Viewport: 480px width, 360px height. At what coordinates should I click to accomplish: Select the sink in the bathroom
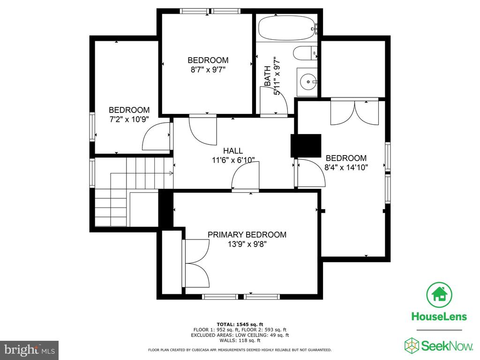tap(307, 82)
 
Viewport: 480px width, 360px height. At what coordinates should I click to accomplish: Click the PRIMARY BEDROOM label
tap(247, 235)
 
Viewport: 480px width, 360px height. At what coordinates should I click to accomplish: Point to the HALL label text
tap(233, 150)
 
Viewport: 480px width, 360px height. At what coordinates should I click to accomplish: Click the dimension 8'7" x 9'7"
tap(208, 69)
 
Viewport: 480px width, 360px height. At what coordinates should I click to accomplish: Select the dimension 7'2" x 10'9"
tap(129, 119)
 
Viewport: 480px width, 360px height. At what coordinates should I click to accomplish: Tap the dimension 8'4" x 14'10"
tap(346, 167)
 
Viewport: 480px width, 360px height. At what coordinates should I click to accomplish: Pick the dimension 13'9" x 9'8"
tap(247, 244)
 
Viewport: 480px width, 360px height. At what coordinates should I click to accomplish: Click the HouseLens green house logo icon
tap(439, 294)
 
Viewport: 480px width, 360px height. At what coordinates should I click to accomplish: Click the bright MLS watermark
tap(29, 350)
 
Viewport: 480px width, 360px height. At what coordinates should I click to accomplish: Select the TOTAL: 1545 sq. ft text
tap(240, 324)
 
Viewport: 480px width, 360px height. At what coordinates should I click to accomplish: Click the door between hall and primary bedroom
tap(245, 180)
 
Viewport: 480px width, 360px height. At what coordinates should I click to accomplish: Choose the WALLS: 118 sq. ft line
tap(240, 340)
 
